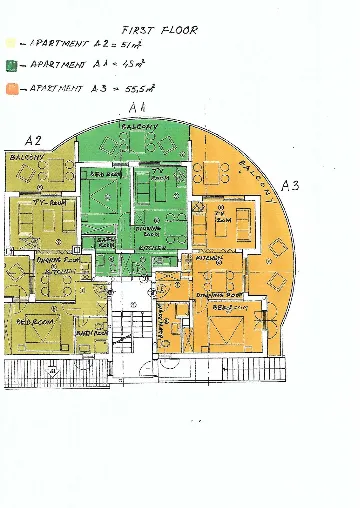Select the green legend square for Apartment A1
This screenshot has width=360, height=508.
coord(10,66)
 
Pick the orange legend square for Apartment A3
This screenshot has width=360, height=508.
coord(10,88)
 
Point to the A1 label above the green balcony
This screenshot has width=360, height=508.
coord(138,107)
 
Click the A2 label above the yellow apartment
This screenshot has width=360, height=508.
coord(33,140)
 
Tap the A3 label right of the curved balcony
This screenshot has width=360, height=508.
coord(291,185)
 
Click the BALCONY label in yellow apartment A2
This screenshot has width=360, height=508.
coord(25,157)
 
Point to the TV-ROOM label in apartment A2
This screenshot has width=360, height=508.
coord(37,201)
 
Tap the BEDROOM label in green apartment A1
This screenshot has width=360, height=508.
coord(105,176)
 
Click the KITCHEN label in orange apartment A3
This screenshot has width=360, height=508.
coord(209,257)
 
